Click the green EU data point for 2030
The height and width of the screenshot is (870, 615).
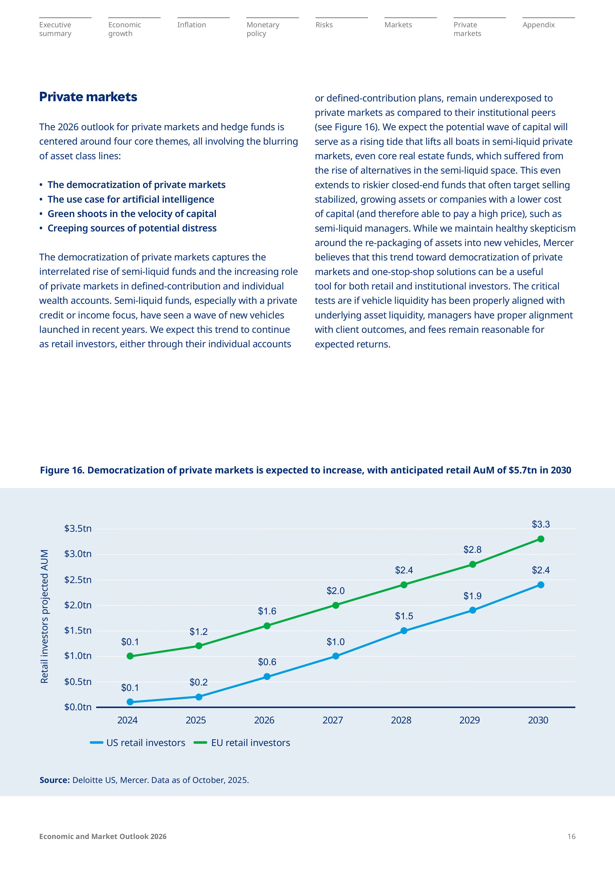click(541, 539)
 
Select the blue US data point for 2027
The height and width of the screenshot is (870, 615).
click(336, 656)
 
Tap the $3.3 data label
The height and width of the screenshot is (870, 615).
click(541, 525)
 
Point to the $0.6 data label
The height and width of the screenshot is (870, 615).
click(267, 662)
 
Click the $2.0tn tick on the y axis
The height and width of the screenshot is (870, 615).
click(78, 605)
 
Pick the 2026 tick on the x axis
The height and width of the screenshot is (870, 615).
click(264, 720)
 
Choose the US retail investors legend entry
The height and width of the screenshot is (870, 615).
click(138, 743)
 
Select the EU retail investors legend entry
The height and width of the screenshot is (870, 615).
click(242, 743)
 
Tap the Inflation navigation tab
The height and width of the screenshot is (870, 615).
click(192, 25)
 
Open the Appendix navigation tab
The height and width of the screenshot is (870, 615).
click(538, 25)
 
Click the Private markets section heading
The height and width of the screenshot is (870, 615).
click(88, 97)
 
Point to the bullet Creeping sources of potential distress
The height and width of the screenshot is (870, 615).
click(132, 228)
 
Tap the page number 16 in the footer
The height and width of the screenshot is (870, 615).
click(571, 836)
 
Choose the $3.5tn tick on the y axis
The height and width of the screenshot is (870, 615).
click(78, 528)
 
